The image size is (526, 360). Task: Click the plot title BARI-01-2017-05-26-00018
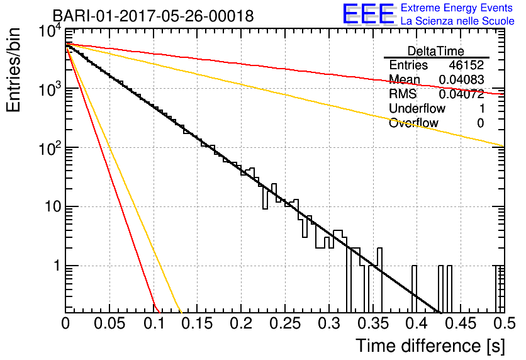coord(153,16)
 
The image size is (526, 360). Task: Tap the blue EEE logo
coord(369,14)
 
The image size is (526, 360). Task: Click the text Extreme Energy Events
coord(456,8)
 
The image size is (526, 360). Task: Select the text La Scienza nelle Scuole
coord(457,21)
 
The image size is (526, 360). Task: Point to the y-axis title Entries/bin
coord(13,70)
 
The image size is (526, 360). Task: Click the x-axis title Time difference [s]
coord(430,346)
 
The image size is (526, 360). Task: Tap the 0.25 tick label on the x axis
coord(285,323)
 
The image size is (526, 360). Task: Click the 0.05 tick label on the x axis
coord(109,323)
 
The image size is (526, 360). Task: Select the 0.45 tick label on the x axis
coord(461,323)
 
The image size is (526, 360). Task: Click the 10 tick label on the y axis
coord(53,206)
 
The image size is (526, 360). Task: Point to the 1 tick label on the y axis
coord(57,266)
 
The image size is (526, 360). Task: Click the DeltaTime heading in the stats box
coord(435,51)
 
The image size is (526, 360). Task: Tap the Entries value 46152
coord(467,65)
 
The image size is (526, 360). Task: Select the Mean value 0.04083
coord(461,79)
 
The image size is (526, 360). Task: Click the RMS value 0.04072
coord(461,94)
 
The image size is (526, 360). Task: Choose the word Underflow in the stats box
coord(417,108)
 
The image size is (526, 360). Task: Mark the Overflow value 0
coord(480,123)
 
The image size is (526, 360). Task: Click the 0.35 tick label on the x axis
coord(372,323)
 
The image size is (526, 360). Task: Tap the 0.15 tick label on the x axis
coord(197,323)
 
